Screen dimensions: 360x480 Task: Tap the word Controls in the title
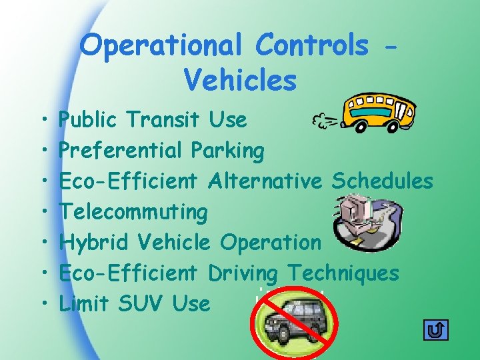(x=311, y=45)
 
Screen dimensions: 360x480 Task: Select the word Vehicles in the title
(x=240, y=80)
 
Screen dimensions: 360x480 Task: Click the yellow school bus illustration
(x=378, y=111)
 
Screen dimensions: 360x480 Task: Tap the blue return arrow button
(x=436, y=330)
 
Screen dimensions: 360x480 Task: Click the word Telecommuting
(x=133, y=213)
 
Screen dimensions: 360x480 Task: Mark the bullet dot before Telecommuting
(x=42, y=213)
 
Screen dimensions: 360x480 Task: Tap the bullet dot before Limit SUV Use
(x=42, y=304)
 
